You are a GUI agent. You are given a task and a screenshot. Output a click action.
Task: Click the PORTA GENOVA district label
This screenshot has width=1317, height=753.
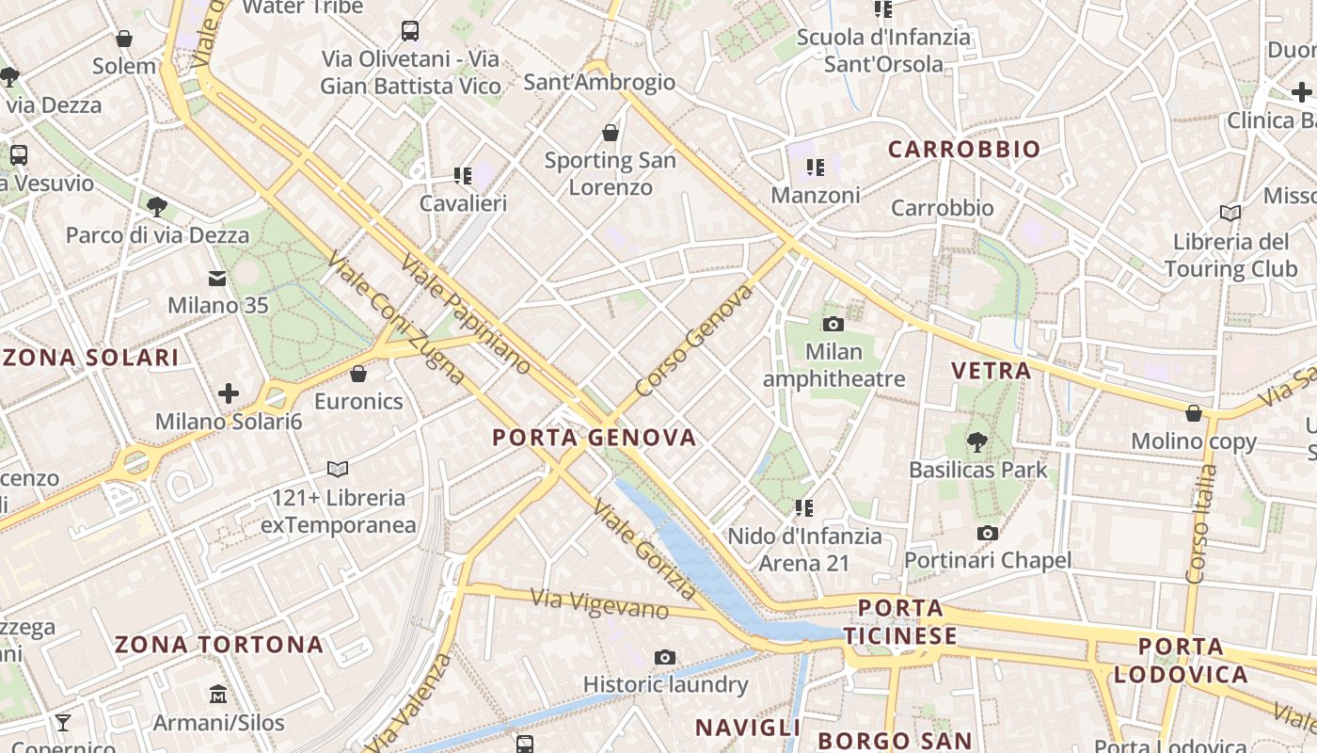click(x=595, y=438)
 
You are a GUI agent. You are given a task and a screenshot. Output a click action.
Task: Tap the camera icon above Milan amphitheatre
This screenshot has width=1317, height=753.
click(x=833, y=325)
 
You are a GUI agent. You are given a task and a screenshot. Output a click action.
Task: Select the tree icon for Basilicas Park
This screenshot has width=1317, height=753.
click(x=977, y=441)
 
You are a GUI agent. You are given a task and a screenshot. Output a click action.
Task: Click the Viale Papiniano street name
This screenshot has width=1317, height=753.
click(x=465, y=314)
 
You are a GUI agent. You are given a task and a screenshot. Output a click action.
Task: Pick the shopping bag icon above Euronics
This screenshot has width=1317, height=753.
click(x=358, y=374)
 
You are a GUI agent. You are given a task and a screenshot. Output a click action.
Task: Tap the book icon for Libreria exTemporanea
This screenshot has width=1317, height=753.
click(x=338, y=469)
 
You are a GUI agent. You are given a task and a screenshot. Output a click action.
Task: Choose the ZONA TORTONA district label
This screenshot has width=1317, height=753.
click(x=219, y=646)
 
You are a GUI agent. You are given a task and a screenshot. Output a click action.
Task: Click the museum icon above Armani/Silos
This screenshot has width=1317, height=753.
click(x=218, y=695)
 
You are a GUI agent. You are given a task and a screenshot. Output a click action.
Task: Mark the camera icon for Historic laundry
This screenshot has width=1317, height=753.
click(x=665, y=657)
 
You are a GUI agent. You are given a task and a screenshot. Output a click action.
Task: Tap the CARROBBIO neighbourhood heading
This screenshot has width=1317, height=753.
click(x=964, y=150)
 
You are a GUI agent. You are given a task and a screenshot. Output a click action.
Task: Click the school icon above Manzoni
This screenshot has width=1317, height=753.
click(x=816, y=168)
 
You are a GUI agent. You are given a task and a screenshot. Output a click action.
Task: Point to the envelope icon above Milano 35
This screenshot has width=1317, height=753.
click(x=217, y=278)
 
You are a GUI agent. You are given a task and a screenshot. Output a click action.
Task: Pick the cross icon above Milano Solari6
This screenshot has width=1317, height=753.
click(x=229, y=393)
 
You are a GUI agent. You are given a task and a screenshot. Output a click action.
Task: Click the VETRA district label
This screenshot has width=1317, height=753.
click(x=992, y=371)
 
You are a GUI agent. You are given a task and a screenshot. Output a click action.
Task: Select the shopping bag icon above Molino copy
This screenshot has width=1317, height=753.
click(x=1194, y=413)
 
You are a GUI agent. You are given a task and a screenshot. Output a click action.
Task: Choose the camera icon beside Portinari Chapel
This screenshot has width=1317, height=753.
click(x=987, y=534)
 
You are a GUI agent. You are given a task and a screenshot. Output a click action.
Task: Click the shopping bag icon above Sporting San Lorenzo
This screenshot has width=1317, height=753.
click(x=611, y=133)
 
